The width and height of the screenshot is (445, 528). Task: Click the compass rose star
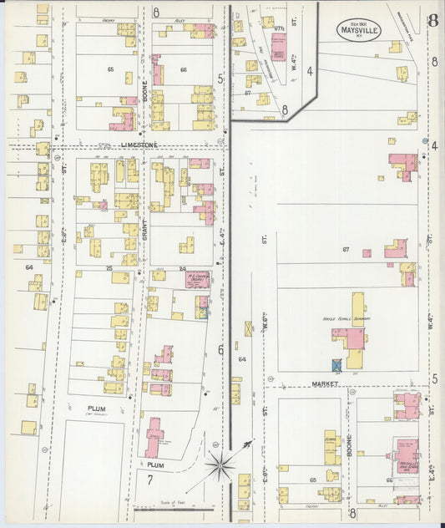click(223, 466)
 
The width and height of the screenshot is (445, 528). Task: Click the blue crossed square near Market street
click(336, 364)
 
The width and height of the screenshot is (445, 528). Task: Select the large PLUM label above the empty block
click(95, 409)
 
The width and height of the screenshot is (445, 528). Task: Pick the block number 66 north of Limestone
click(183, 69)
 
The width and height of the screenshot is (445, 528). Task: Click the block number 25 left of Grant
click(109, 268)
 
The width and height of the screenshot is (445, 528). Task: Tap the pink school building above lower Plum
click(154, 437)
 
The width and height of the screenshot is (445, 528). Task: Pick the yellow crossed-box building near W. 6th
click(248, 329)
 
